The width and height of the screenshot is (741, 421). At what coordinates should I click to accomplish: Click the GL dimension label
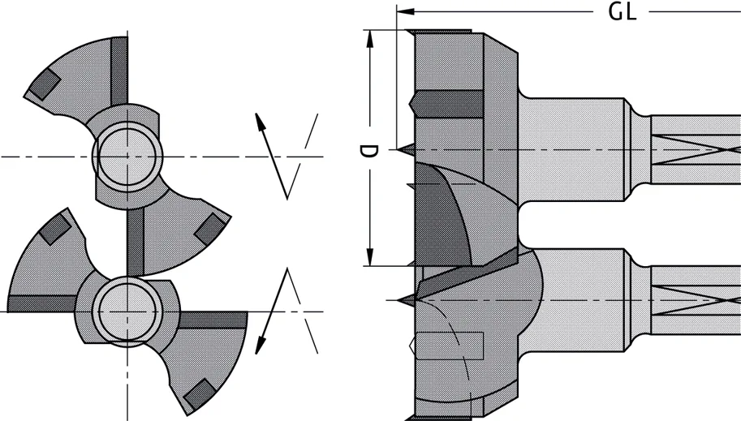[x=623, y=12]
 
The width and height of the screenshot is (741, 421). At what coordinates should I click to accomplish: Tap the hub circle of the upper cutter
[x=126, y=155]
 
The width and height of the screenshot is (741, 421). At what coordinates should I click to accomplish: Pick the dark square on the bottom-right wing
[x=196, y=394]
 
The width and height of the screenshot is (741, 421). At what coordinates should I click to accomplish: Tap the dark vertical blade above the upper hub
[x=119, y=73]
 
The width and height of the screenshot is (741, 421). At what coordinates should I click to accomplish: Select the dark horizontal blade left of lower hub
[x=41, y=303]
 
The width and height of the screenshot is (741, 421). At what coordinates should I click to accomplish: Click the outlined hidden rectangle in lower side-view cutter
[x=448, y=345]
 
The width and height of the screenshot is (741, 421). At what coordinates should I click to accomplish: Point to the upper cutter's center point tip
[x=403, y=149]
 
